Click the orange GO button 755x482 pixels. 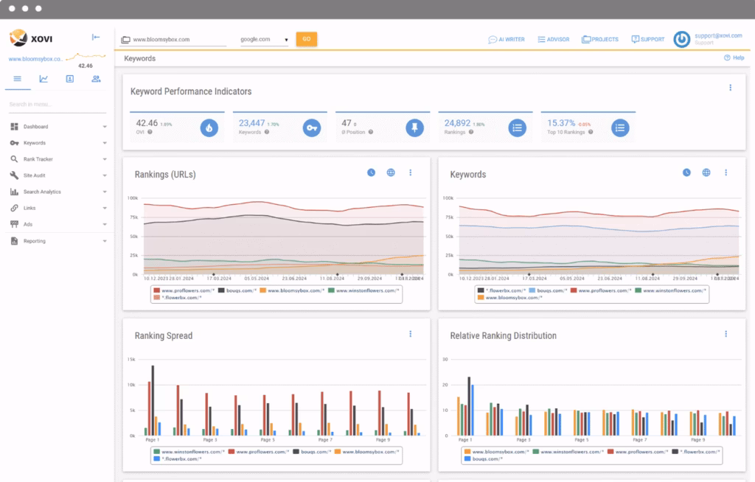click(x=306, y=39)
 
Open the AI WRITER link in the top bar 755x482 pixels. click(x=507, y=39)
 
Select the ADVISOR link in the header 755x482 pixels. click(x=553, y=39)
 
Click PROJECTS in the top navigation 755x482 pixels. click(x=601, y=39)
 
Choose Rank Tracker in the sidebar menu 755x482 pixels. click(x=38, y=159)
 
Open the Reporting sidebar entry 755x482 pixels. click(x=34, y=241)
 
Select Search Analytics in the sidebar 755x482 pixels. click(x=42, y=192)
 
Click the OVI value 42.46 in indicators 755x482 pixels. click(x=147, y=123)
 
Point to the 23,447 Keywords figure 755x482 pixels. click(x=251, y=123)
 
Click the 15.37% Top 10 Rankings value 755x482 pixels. click(x=561, y=123)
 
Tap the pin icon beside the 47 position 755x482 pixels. click(x=415, y=128)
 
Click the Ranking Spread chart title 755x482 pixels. click(x=163, y=335)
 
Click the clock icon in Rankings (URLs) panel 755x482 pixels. click(x=372, y=172)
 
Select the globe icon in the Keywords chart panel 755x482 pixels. click(x=706, y=172)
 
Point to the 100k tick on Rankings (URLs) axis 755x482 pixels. click(x=133, y=198)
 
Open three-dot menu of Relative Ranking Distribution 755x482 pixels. click(x=726, y=334)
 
